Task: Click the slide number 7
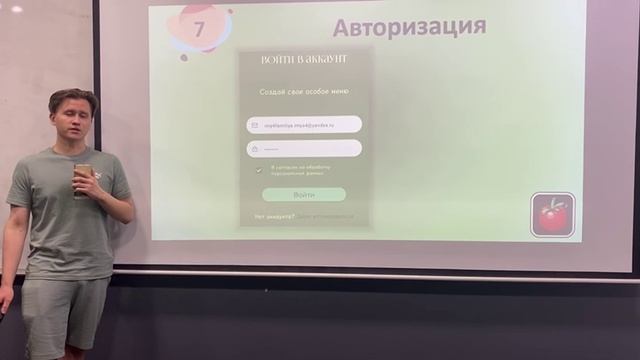tap(198, 28)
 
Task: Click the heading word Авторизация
tap(409, 26)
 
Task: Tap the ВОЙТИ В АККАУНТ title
tap(304, 60)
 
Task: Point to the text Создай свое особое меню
tap(304, 91)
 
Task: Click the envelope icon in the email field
tap(254, 125)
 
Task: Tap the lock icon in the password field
tap(254, 148)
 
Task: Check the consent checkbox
tap(259, 170)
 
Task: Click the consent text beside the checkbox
tap(299, 170)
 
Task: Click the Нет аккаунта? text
tap(274, 216)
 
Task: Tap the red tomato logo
tap(552, 214)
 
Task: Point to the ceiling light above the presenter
tap(16, 8)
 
